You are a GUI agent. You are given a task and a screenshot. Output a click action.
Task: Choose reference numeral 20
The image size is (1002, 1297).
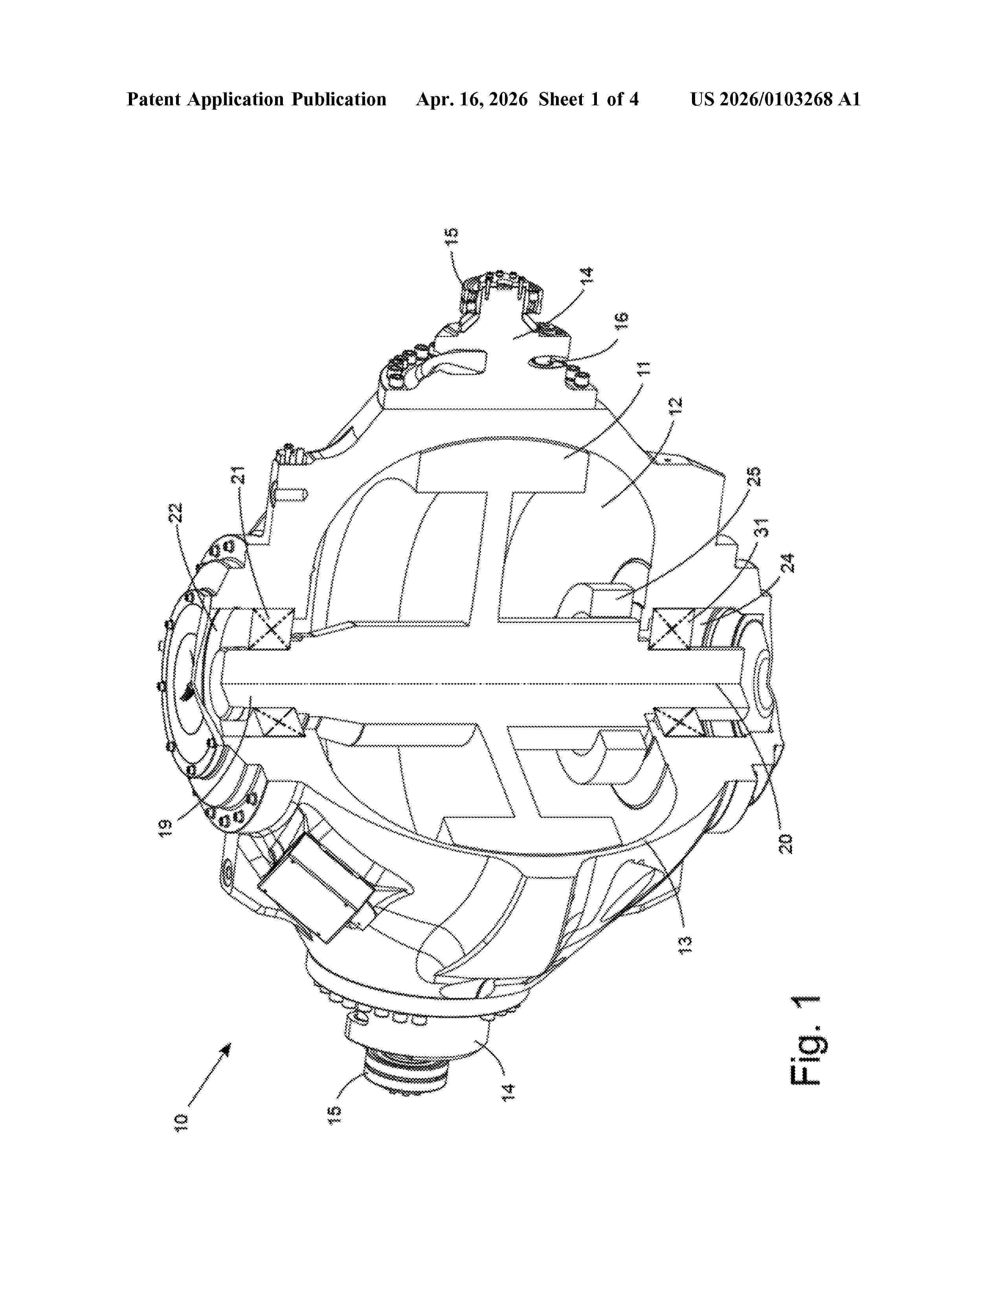(x=785, y=843)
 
